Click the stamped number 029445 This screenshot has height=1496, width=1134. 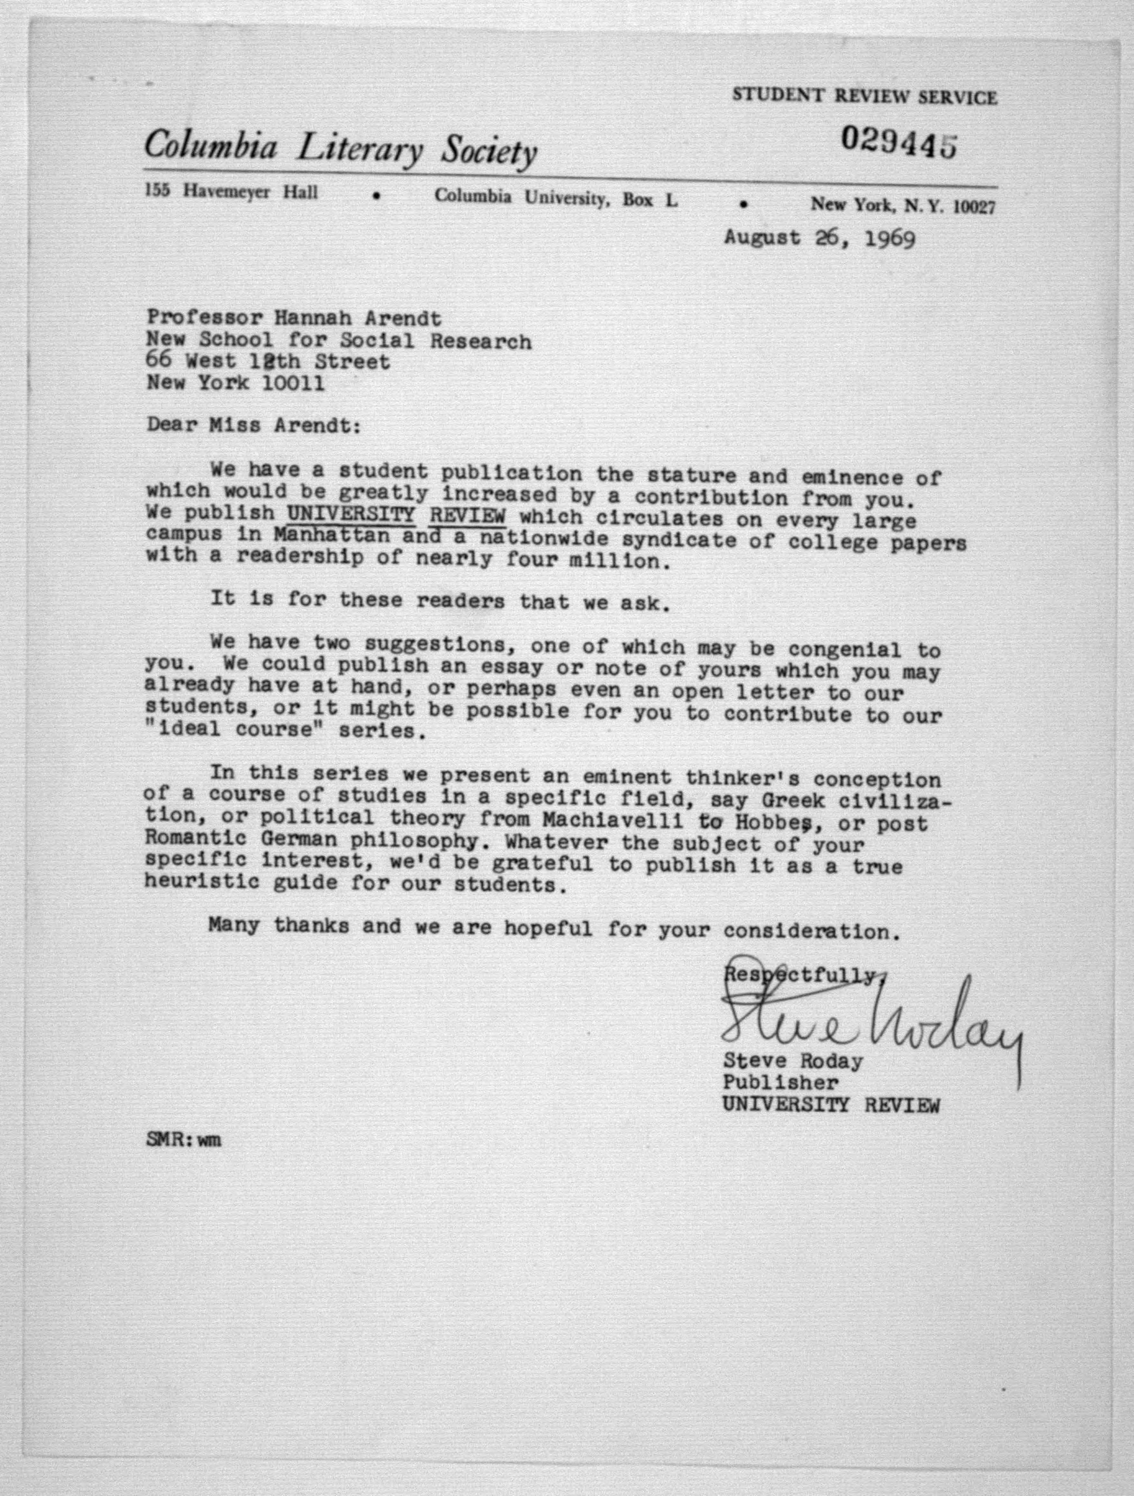pyautogui.click(x=899, y=142)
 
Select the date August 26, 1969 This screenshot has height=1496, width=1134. pyautogui.click(x=820, y=238)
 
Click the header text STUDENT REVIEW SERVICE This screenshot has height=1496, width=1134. pyautogui.click(x=864, y=97)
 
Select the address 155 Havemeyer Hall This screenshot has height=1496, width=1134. pyautogui.click(x=231, y=193)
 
